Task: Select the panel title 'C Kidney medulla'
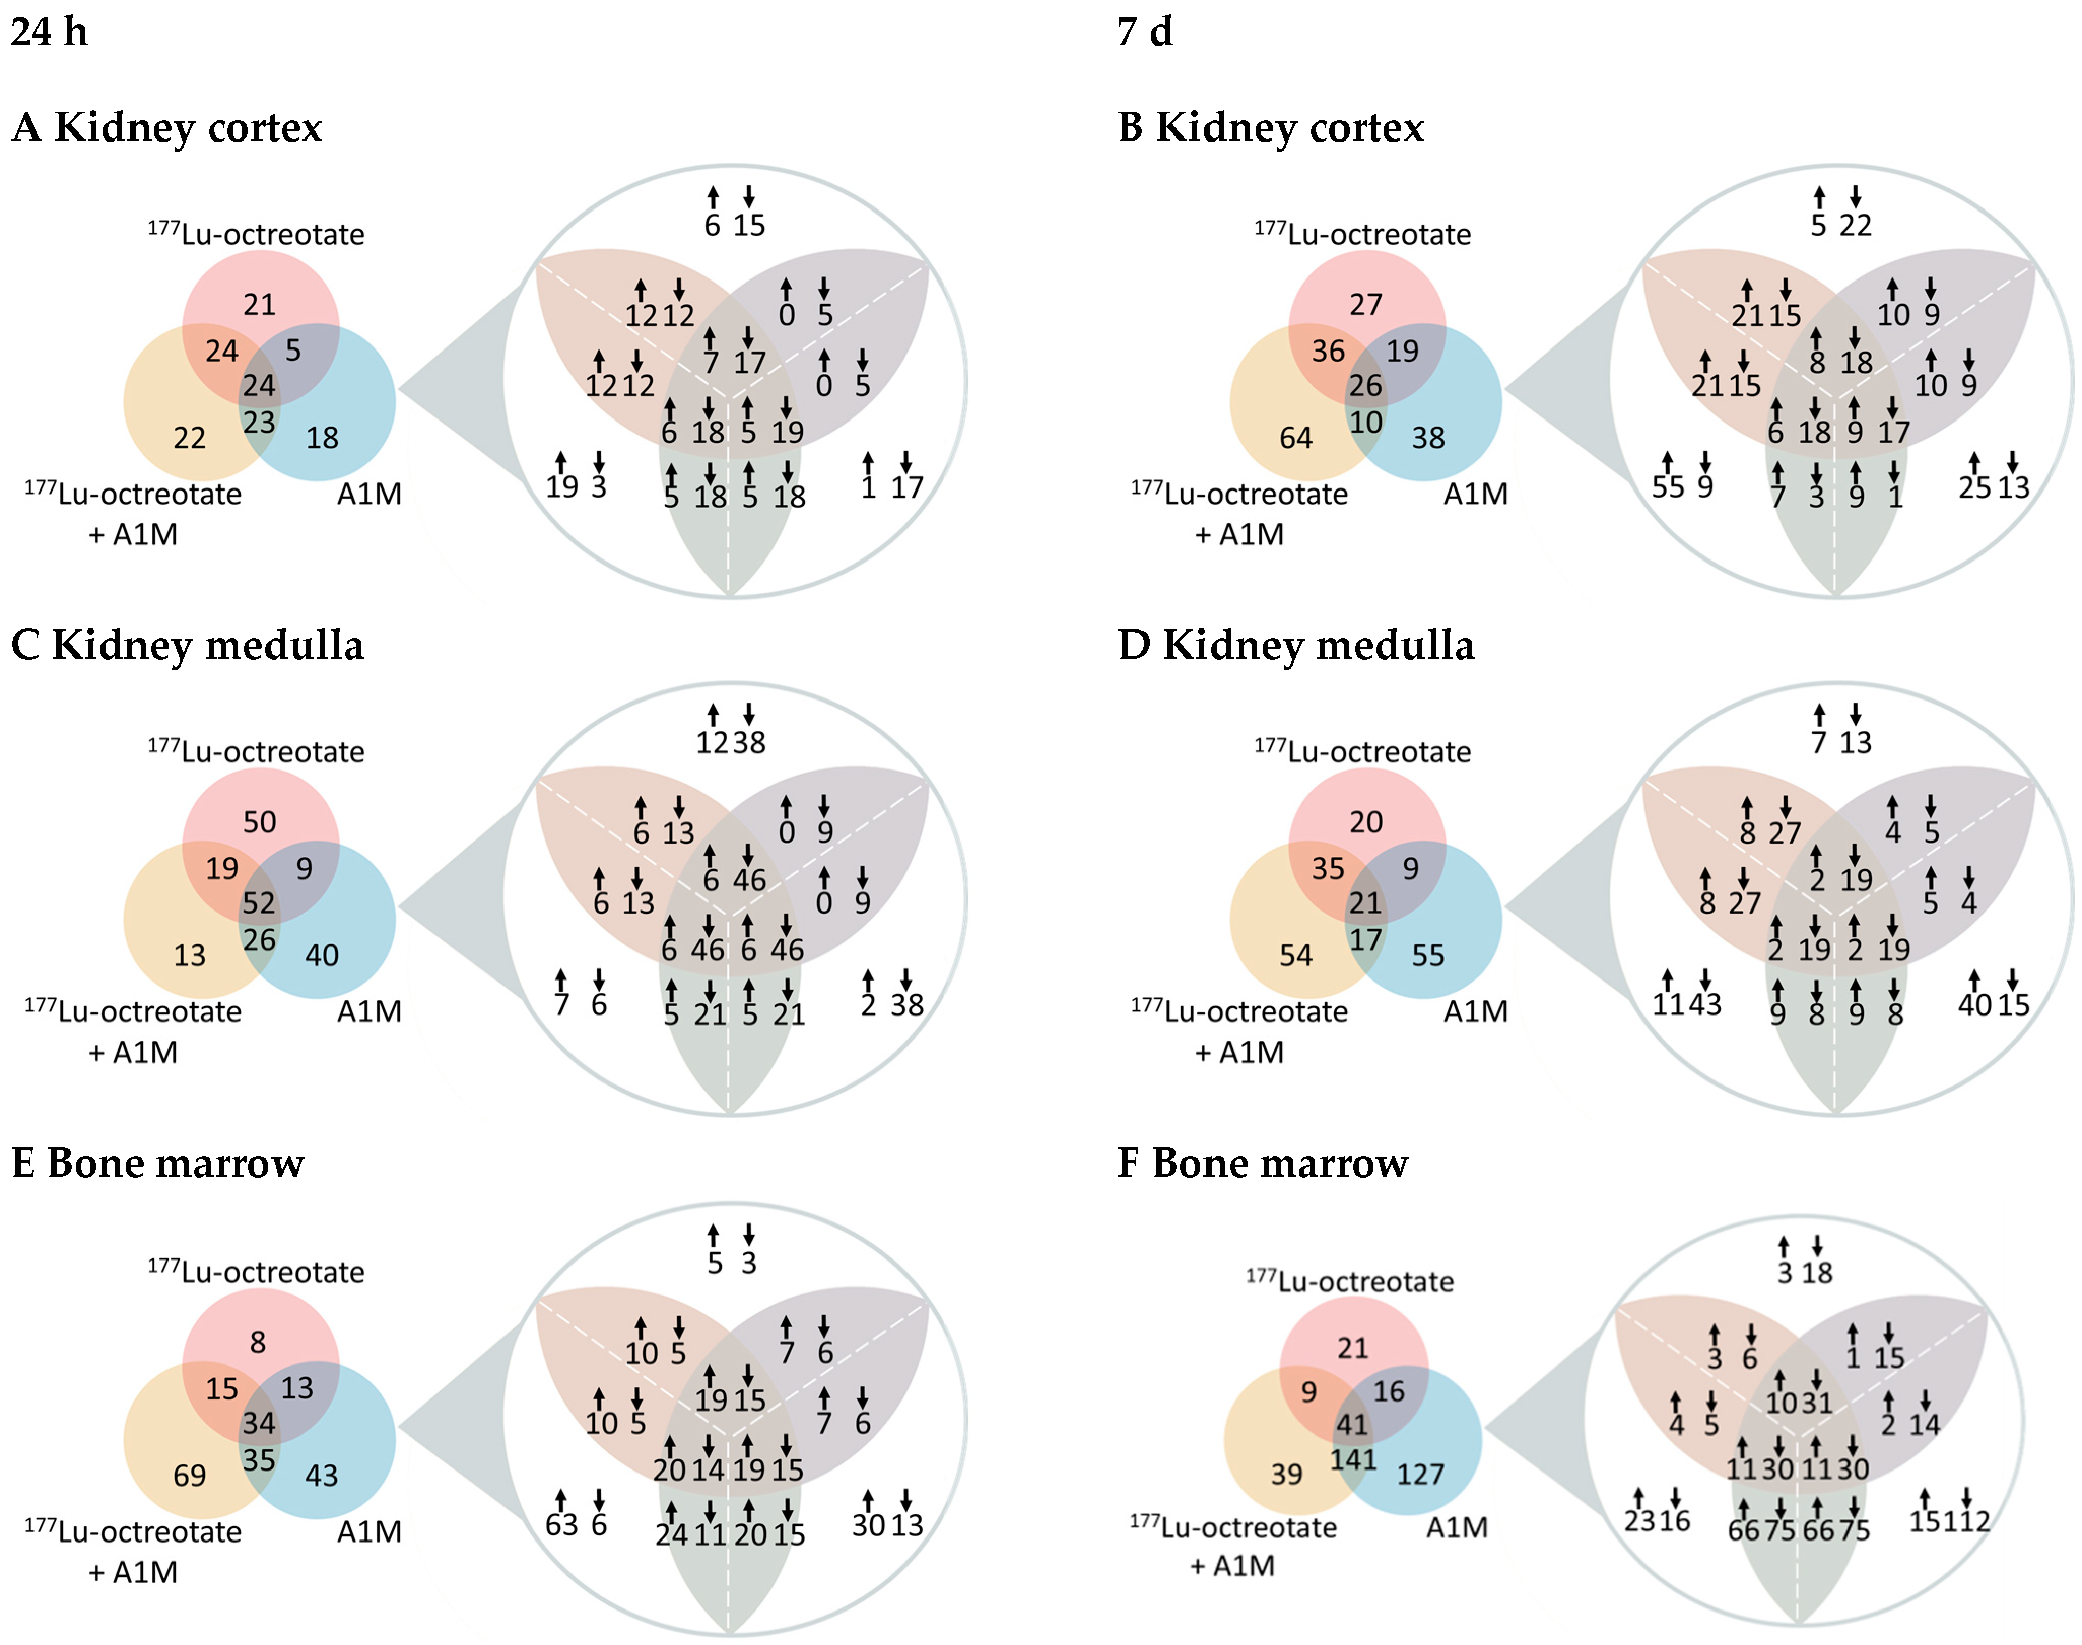(188, 645)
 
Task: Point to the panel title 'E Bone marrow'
(158, 1164)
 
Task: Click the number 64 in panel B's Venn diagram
(1296, 438)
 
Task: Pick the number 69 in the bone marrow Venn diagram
(190, 1476)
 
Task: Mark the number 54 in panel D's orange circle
(1296, 956)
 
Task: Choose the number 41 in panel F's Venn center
(1353, 1424)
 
